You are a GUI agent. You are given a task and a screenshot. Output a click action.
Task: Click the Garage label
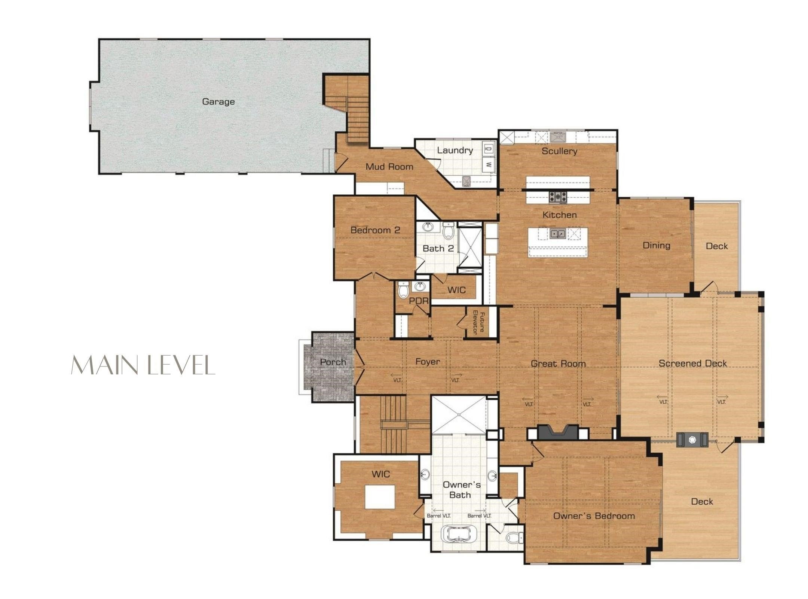click(x=218, y=101)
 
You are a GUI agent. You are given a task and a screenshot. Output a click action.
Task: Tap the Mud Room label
click(x=389, y=167)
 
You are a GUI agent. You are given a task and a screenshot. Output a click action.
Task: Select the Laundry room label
click(x=455, y=150)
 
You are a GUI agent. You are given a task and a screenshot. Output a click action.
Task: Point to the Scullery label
click(x=559, y=151)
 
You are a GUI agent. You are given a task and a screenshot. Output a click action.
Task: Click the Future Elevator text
click(x=479, y=322)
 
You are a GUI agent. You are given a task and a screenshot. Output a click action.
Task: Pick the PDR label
click(x=418, y=301)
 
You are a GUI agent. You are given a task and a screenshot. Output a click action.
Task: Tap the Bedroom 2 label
click(x=375, y=230)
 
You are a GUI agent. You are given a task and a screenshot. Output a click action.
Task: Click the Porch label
click(x=333, y=362)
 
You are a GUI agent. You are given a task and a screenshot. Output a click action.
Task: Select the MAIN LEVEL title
click(x=143, y=365)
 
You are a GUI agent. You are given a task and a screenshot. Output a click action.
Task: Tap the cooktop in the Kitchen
click(x=558, y=197)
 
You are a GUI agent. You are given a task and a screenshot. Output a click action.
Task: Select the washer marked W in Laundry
click(x=488, y=164)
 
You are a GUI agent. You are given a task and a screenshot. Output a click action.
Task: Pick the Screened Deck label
click(x=692, y=363)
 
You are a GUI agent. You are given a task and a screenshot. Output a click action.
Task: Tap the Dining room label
click(x=656, y=246)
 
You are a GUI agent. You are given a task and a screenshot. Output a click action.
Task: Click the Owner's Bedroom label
click(x=594, y=516)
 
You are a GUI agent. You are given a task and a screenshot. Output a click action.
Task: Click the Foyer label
click(x=428, y=362)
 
